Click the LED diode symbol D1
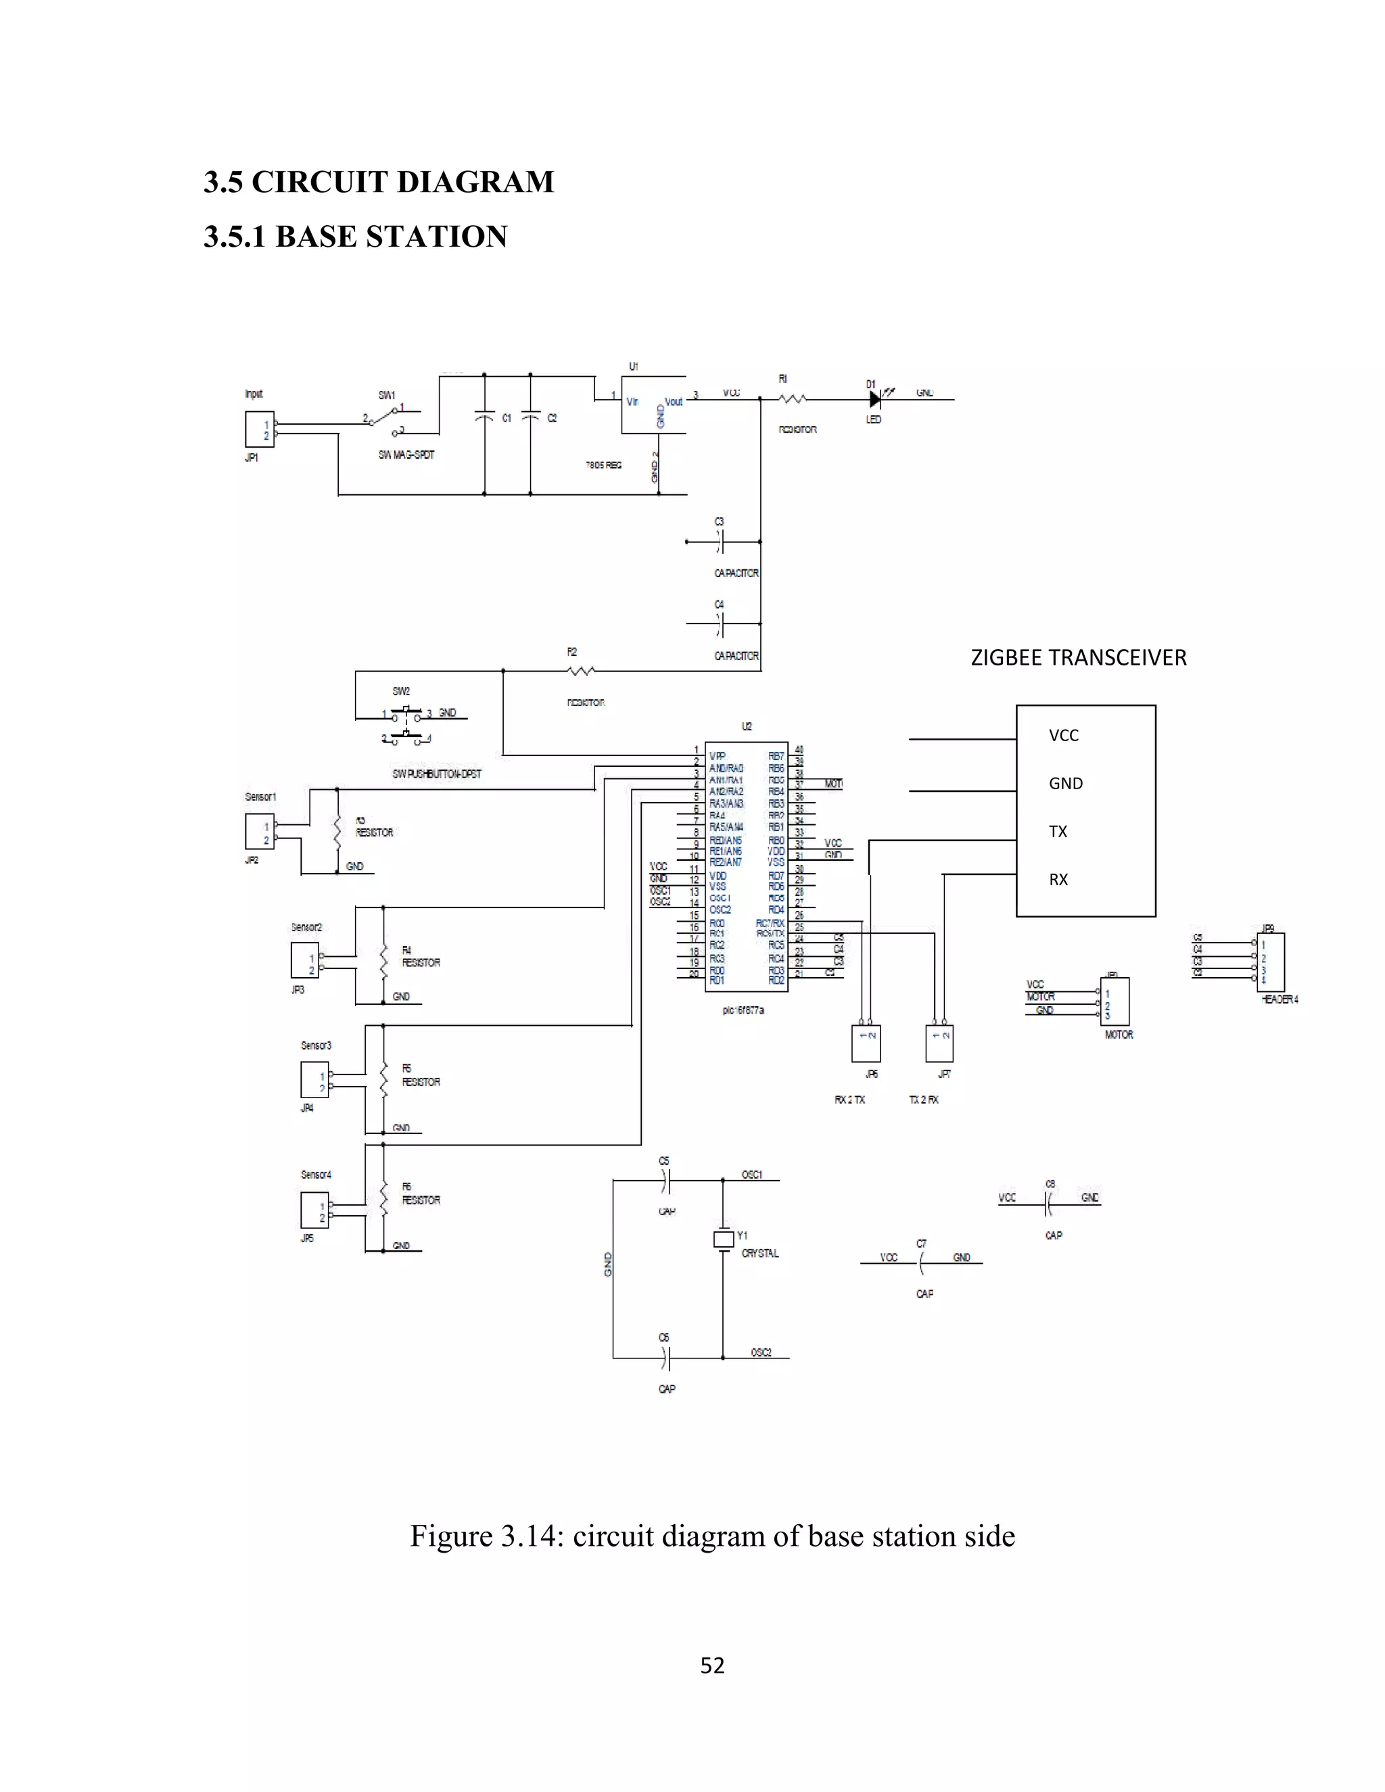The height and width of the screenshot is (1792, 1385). (x=874, y=400)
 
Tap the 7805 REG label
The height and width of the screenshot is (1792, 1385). (x=603, y=465)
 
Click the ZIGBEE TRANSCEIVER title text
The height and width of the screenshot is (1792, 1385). (x=1078, y=658)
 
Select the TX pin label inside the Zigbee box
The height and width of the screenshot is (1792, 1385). (x=1058, y=832)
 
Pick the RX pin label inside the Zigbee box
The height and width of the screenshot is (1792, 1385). (x=1058, y=880)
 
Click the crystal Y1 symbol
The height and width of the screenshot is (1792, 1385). (x=723, y=1239)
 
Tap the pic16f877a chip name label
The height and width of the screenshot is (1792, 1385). (x=743, y=1010)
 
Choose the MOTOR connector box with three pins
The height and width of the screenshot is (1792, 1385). (x=1115, y=1001)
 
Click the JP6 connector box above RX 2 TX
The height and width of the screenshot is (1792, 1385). (x=867, y=1043)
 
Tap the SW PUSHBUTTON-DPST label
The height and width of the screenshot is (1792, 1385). (x=436, y=774)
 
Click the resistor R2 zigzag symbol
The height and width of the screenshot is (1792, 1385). (x=582, y=671)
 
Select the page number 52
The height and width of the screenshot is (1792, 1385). (x=712, y=1665)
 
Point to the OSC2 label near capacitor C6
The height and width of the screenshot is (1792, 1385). (x=761, y=1352)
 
